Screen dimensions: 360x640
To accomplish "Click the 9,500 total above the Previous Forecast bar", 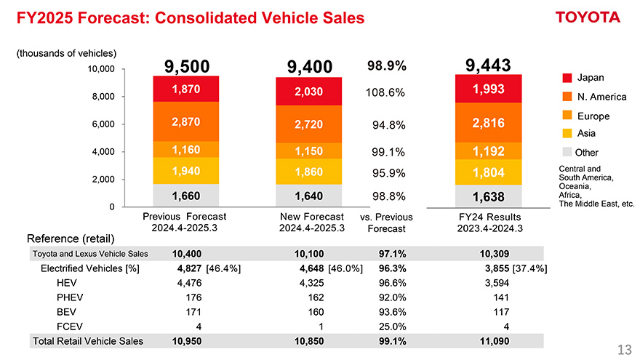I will click(x=187, y=67).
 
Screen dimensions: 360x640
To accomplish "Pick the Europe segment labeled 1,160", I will click(x=187, y=150).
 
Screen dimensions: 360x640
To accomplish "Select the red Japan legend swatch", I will click(x=567, y=78).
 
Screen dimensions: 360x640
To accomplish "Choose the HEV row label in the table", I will click(x=67, y=283).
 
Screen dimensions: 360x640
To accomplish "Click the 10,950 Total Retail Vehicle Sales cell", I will click(x=187, y=340).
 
